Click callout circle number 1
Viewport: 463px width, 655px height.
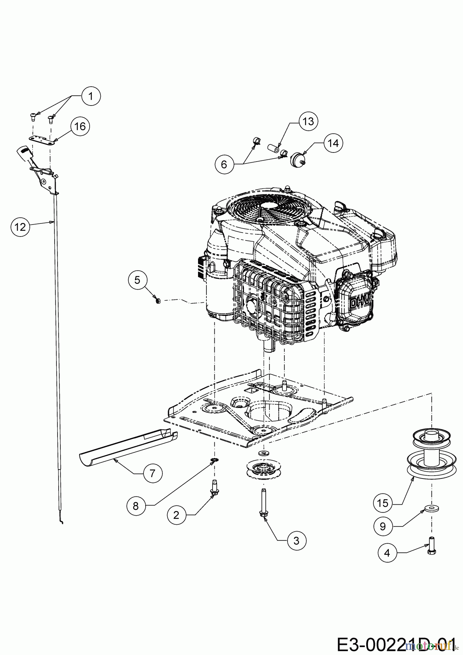pyautogui.click(x=91, y=96)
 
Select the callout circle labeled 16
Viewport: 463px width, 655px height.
pyautogui.click(x=80, y=126)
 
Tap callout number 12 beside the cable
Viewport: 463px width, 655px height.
pyautogui.click(x=20, y=227)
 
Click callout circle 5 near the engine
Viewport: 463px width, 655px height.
pyautogui.click(x=137, y=280)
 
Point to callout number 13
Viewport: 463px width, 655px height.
pyautogui.click(x=308, y=121)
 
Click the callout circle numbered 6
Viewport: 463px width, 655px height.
pyautogui.click(x=224, y=164)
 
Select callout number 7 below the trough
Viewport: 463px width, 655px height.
pyautogui.click(x=153, y=473)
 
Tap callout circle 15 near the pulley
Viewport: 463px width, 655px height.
pyautogui.click(x=383, y=503)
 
